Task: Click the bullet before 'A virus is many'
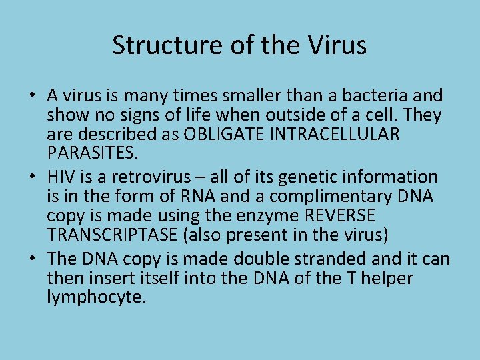coord(32,96)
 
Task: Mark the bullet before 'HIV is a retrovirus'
coord(32,177)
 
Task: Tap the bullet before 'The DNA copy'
coord(32,258)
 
